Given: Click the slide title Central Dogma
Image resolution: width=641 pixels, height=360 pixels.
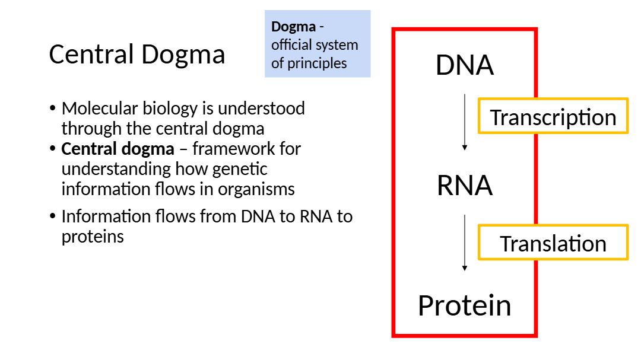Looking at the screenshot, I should click(x=137, y=55).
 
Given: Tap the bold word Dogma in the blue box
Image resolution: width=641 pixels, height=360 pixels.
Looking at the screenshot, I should click(x=293, y=27).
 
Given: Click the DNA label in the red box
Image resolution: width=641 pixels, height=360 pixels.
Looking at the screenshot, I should click(x=464, y=65).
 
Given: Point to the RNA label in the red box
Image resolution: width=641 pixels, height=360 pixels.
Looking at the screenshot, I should click(x=464, y=186).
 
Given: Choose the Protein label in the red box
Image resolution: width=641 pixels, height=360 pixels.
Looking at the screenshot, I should click(x=464, y=305).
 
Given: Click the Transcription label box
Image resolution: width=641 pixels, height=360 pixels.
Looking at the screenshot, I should click(x=553, y=117).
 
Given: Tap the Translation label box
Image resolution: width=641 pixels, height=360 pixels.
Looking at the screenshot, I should click(x=553, y=243).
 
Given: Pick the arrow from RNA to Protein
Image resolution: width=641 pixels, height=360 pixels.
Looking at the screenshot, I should click(x=465, y=243).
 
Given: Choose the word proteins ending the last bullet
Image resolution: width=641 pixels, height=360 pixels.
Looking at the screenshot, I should click(x=93, y=237).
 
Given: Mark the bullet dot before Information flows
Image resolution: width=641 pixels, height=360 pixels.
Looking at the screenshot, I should click(x=53, y=216).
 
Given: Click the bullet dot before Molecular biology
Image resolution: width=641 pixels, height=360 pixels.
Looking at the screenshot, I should click(x=53, y=109).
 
